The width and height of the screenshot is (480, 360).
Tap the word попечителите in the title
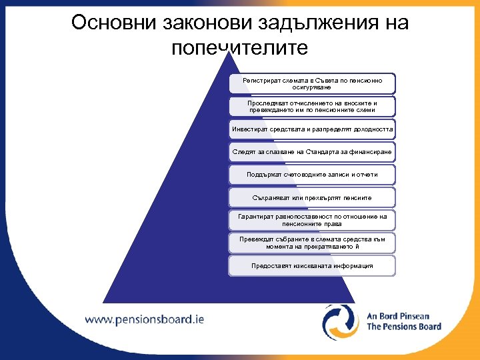click(239, 48)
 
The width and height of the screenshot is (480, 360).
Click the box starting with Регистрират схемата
click(311, 83)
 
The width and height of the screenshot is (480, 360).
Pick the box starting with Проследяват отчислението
click(311, 106)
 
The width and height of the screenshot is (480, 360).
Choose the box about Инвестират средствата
click(311, 129)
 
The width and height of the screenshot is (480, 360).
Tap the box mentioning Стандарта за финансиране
click(311, 152)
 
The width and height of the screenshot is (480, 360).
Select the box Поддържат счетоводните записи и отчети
click(311, 175)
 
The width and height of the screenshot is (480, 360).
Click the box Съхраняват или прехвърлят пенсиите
click(311, 198)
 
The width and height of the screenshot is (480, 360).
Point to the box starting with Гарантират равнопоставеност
click(311, 220)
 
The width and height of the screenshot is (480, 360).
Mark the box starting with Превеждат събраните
click(311, 243)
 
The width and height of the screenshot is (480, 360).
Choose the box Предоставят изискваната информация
click(311, 265)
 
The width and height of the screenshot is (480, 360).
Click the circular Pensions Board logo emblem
click(341, 321)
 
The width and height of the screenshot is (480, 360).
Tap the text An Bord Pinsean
click(399, 316)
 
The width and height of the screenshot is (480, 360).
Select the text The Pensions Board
click(404, 327)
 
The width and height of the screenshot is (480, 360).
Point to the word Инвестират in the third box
click(249, 129)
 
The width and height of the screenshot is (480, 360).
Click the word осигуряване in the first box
click(311, 87)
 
